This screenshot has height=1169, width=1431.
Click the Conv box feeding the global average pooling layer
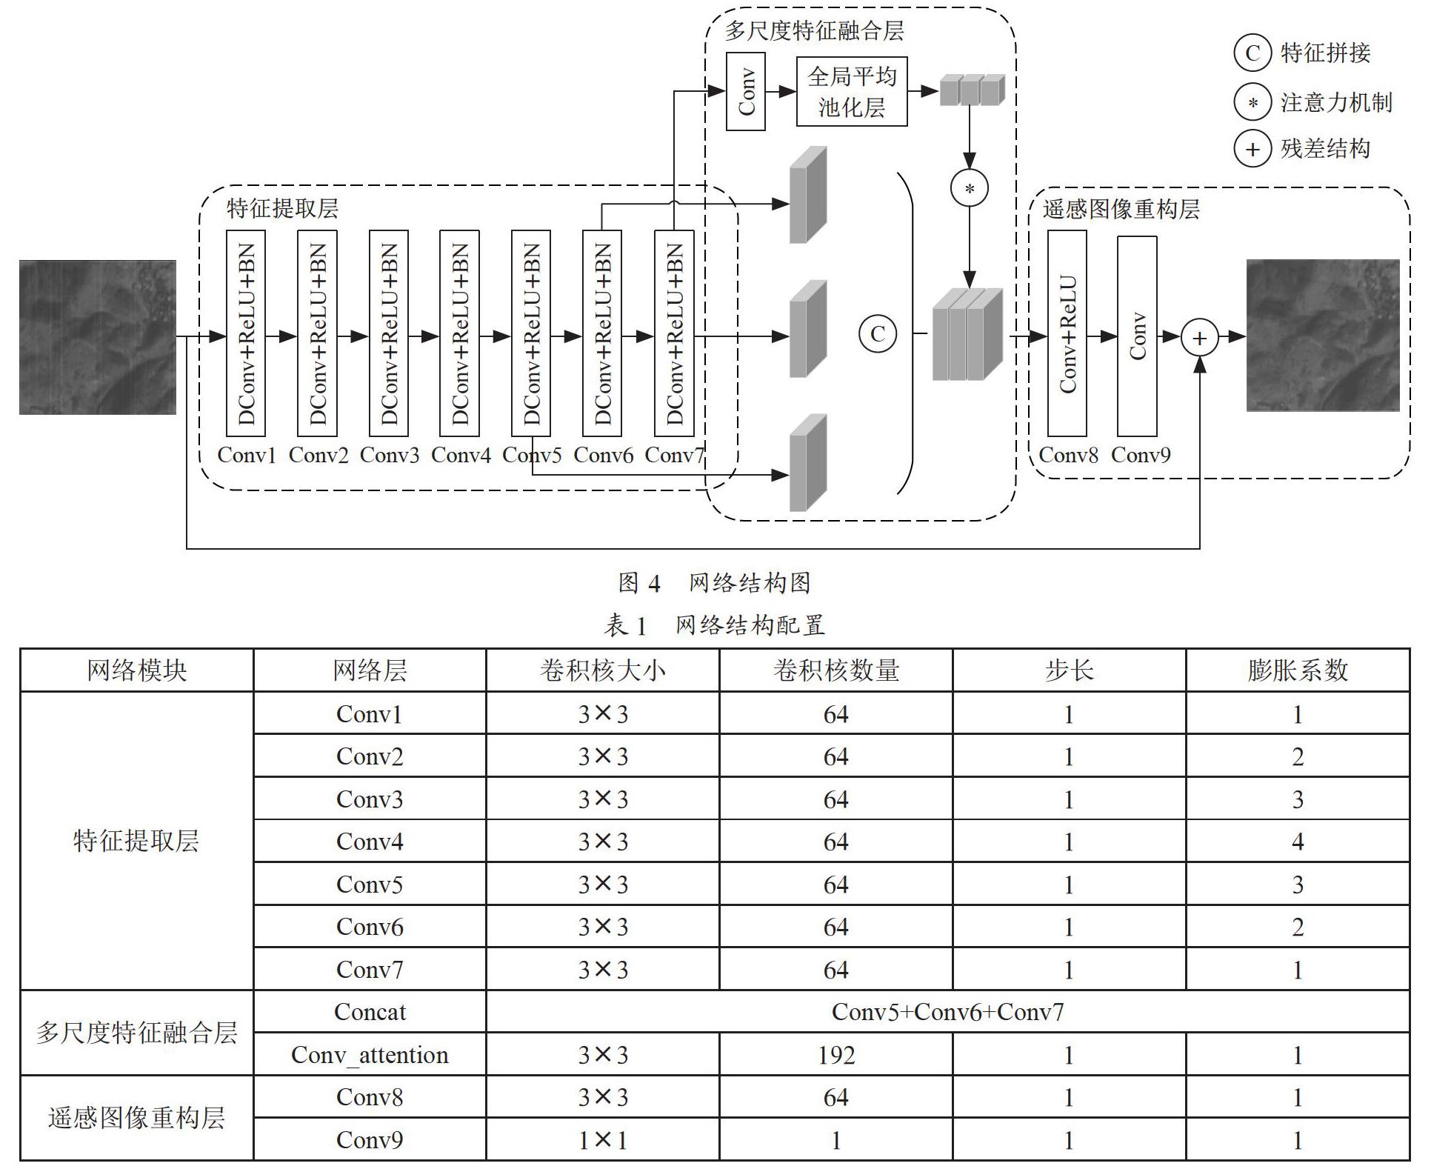point(745,91)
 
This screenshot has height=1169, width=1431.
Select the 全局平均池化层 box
point(852,91)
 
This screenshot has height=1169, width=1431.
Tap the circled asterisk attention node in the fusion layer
point(970,188)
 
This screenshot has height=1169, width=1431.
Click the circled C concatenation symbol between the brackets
point(878,333)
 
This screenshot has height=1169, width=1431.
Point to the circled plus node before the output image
point(1199,338)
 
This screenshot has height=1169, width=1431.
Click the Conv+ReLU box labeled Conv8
point(1067,333)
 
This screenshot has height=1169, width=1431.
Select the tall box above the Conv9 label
point(1137,336)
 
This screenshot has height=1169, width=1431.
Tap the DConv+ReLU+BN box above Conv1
point(246,333)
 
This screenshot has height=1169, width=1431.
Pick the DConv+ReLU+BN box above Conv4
point(460,333)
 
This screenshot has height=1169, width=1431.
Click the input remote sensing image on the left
point(98,337)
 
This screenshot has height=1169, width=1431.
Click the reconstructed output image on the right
point(1323,336)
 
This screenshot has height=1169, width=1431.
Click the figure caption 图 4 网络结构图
point(715,583)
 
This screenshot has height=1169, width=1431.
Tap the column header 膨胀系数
point(1298,670)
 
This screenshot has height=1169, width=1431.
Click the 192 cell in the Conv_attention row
point(836,1054)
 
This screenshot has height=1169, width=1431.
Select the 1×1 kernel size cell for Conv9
point(603,1139)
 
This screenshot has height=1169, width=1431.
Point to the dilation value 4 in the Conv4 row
point(1298,842)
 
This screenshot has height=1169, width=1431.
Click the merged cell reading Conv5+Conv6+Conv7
point(948,1012)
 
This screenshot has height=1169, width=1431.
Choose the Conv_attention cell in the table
point(370,1054)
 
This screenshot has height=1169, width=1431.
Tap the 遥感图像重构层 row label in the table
point(137,1118)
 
